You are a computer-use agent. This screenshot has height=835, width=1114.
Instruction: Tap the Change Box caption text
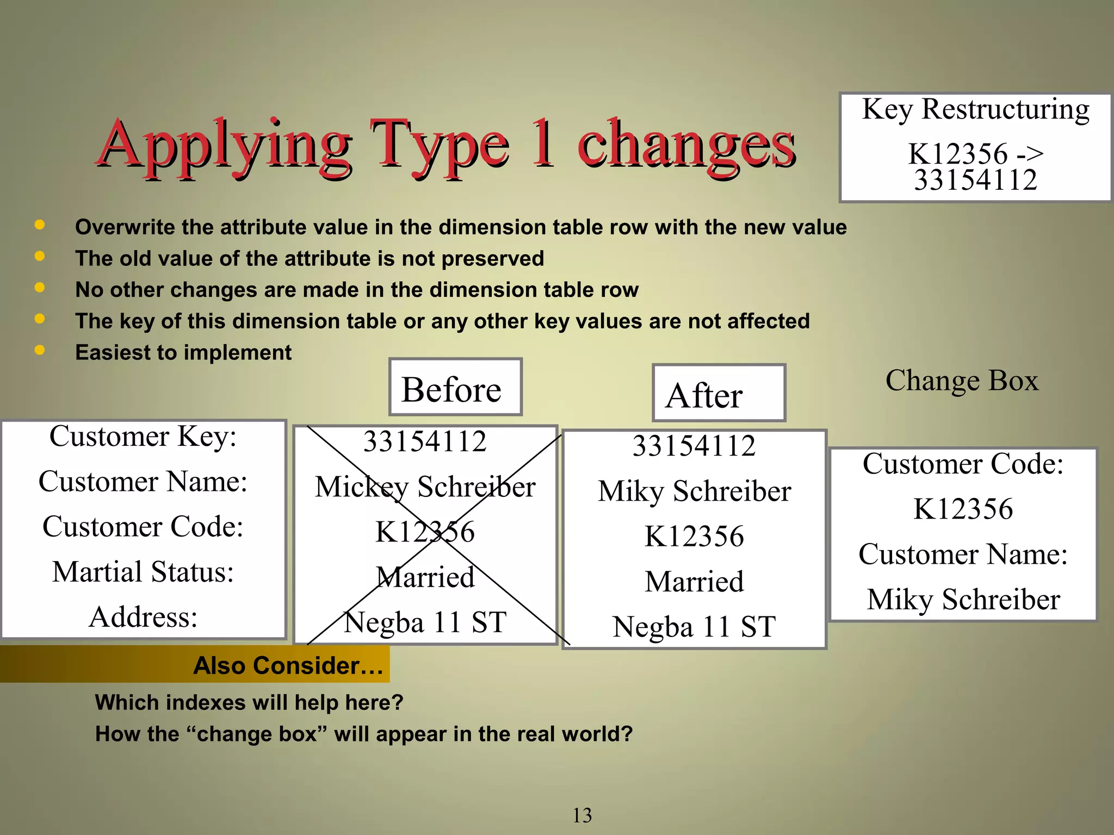(961, 381)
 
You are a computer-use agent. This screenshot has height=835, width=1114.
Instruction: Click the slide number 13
(582, 815)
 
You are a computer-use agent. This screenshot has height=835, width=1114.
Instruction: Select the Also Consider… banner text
(288, 665)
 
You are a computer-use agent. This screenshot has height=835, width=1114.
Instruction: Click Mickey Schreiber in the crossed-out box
(425, 487)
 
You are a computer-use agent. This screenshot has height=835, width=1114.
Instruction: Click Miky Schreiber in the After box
(694, 491)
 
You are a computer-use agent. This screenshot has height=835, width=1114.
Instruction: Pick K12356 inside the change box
(963, 509)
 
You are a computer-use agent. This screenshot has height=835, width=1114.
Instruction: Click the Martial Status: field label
(143, 572)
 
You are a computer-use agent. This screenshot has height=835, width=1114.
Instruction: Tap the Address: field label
(143, 617)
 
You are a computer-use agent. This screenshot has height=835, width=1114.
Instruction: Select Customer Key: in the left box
(143, 437)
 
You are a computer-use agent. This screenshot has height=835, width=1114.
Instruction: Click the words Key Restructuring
(975, 109)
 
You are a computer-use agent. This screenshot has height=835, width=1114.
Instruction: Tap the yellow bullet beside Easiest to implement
(39, 350)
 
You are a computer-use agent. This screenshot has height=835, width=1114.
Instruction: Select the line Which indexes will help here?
(249, 702)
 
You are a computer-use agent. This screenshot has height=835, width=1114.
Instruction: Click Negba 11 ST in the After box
(694, 627)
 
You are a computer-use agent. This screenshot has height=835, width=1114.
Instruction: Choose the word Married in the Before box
(425, 577)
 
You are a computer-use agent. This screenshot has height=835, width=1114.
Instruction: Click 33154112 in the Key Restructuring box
(975, 180)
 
